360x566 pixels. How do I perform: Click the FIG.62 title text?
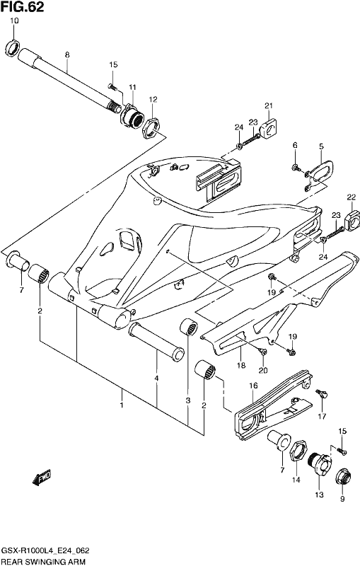(23, 7)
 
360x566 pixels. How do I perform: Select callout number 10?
(14, 21)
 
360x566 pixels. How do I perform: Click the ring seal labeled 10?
(13, 48)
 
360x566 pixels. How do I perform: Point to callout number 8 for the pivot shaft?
(67, 55)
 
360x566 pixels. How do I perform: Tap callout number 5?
(321, 146)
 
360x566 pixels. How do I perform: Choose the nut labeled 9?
(343, 476)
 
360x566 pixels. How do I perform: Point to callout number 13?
(319, 495)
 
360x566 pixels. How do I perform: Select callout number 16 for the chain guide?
(254, 386)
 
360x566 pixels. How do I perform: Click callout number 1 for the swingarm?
(122, 405)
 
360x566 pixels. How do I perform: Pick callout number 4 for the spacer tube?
(156, 379)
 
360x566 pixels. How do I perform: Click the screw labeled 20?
(262, 351)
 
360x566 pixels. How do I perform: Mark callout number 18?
(241, 365)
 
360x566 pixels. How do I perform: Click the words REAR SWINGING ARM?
(44, 561)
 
